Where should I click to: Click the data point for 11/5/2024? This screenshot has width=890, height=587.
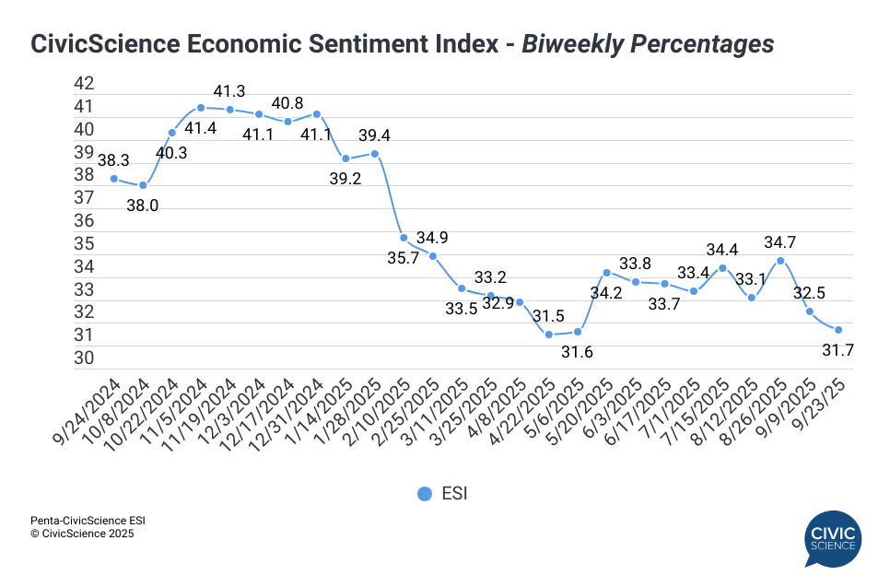click(x=201, y=108)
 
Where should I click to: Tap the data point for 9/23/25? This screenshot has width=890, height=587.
click(x=838, y=330)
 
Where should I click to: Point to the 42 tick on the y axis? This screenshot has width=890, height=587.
click(x=84, y=84)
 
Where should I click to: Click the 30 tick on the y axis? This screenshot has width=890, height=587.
click(x=84, y=358)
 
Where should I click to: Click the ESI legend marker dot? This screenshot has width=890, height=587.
click(x=424, y=494)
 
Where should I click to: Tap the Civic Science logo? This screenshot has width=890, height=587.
click(x=832, y=538)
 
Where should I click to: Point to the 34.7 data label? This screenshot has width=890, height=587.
click(x=780, y=242)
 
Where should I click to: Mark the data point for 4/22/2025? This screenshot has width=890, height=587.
click(x=548, y=334)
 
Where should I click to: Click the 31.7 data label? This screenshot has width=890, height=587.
click(x=838, y=350)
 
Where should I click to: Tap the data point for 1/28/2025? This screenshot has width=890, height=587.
click(x=375, y=154)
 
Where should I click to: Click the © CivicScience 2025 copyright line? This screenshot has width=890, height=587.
click(x=83, y=534)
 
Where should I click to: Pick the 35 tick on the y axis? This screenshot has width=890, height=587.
click(x=84, y=244)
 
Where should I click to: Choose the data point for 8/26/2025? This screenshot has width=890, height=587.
click(x=780, y=261)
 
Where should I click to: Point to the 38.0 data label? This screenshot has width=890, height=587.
click(x=143, y=205)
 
